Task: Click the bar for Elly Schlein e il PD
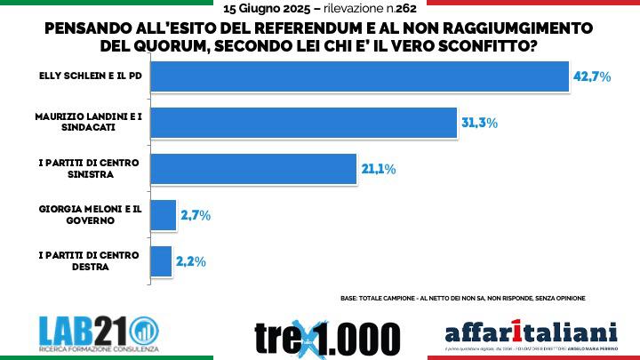[359, 76]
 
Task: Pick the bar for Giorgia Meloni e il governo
[163, 214]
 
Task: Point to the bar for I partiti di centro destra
[161, 260]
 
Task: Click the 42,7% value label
[591, 76]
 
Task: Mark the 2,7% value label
[194, 215]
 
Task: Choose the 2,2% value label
[191, 261]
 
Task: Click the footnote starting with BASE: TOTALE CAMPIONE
[463, 298]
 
